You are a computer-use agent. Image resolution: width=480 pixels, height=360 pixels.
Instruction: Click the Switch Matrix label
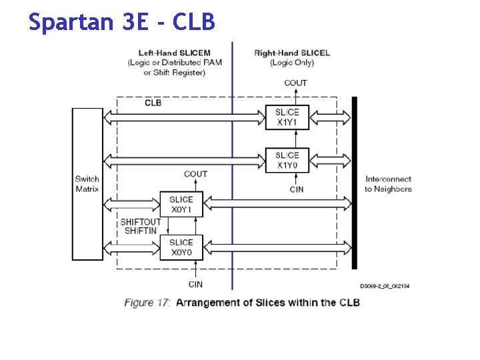[87, 183]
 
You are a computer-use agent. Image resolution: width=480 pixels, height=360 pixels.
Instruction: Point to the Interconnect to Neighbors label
[388, 183]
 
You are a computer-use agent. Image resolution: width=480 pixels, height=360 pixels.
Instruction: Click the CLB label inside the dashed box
[153, 103]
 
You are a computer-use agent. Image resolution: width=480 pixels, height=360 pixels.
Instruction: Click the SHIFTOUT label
[141, 222]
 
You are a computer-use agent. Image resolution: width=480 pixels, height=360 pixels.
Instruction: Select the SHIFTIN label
[141, 231]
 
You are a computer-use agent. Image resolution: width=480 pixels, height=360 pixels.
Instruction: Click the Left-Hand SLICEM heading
[175, 53]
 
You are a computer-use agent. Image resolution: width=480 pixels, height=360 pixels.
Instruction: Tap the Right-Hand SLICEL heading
[292, 53]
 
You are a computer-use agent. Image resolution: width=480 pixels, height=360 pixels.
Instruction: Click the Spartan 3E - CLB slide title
[122, 22]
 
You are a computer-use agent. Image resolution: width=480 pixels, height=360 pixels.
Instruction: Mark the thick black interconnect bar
[355, 183]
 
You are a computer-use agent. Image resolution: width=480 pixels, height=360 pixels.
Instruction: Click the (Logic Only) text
[292, 63]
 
